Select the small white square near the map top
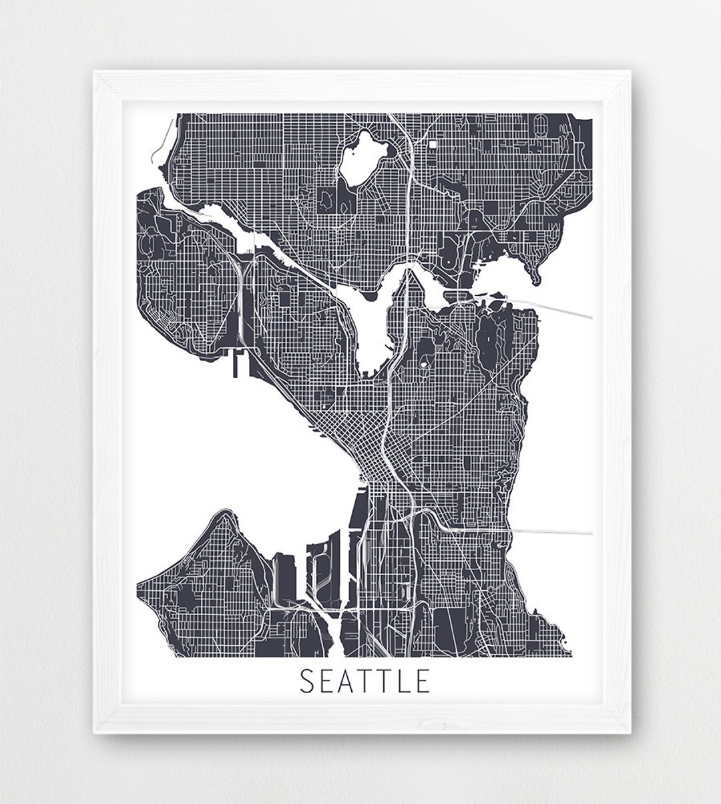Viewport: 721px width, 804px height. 433,144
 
